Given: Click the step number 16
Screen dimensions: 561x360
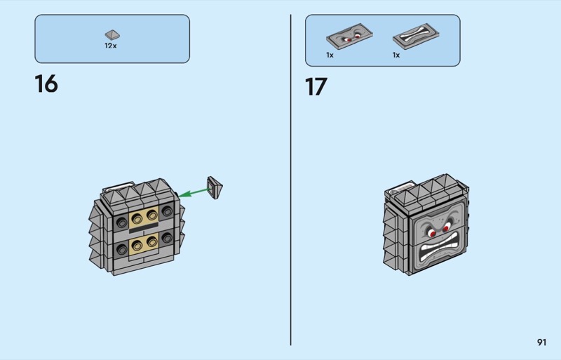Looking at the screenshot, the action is tap(46, 84).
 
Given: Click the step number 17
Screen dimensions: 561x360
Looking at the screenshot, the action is tap(316, 87).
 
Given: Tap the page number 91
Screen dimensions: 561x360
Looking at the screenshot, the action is tap(541, 342).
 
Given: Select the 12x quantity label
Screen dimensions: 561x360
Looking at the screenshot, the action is tap(111, 46).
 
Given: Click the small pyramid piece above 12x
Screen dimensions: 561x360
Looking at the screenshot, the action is tap(112, 35).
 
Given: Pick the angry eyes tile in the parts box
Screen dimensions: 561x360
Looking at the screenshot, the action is tap(349, 36).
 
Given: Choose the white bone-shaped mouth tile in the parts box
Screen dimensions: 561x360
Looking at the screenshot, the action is tap(416, 36).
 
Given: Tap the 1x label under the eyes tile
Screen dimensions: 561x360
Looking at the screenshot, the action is tap(330, 55).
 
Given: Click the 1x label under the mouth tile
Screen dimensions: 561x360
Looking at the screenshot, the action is tap(396, 55).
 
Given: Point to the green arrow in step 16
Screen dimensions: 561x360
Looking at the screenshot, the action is tap(194, 193).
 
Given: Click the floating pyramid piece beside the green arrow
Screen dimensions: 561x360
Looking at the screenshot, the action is tap(215, 187).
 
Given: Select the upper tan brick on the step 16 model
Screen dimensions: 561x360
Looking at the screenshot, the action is tap(144, 217).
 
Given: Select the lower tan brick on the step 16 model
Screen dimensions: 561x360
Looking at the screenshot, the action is tap(144, 245).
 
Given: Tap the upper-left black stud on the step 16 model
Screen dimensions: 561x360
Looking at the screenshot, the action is tap(121, 222).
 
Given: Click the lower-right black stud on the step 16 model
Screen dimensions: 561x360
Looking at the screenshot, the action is tap(167, 237).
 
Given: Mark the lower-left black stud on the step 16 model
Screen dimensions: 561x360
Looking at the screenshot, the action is tap(121, 250).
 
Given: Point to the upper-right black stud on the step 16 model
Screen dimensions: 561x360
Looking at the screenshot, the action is tap(167, 211).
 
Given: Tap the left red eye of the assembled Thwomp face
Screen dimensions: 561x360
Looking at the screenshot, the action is tap(433, 234).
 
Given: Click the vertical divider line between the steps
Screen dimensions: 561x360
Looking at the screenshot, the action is tap(291, 180).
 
